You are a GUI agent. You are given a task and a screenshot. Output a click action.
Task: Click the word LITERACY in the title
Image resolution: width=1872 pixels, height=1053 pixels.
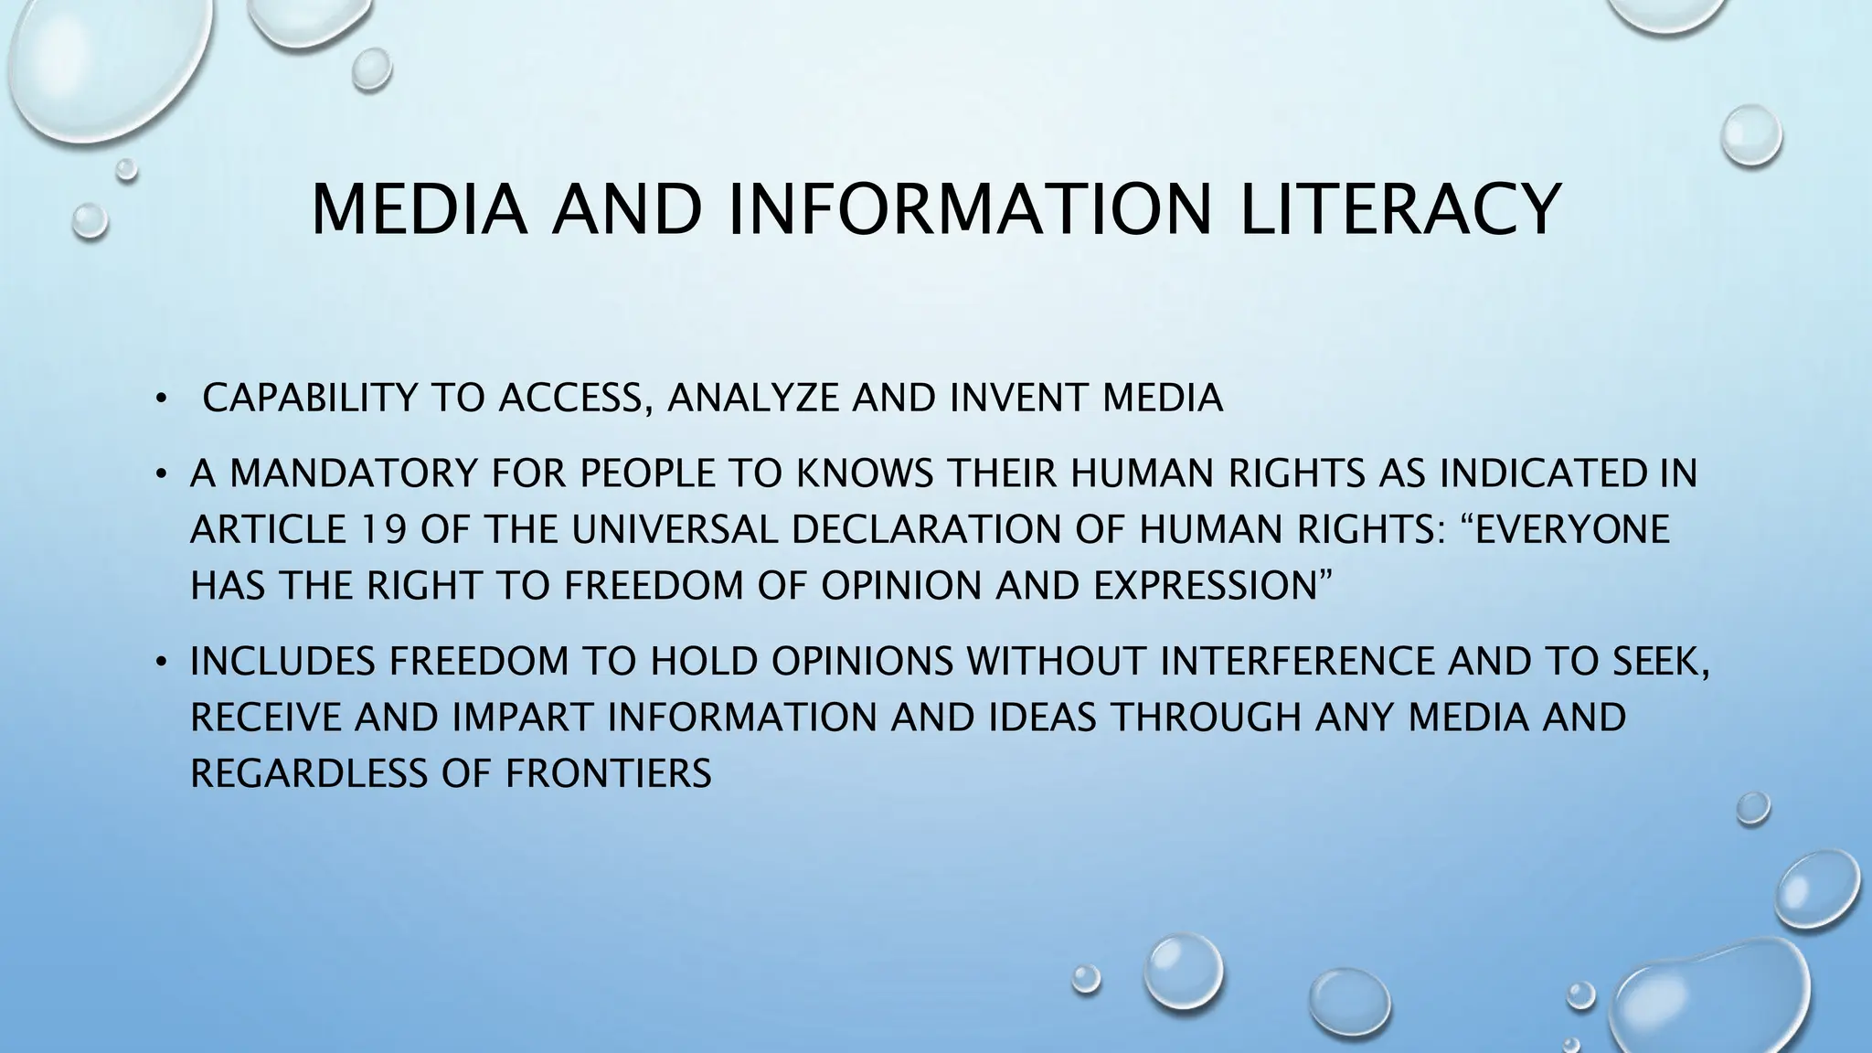(x=1398, y=210)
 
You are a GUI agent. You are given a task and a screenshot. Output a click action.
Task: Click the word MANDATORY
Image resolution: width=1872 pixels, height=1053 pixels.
(x=352, y=473)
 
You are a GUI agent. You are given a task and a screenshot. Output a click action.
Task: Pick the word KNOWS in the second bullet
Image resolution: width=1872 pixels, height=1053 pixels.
(x=865, y=473)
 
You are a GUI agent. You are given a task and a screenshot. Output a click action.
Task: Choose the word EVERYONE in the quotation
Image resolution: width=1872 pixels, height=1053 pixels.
(x=1572, y=530)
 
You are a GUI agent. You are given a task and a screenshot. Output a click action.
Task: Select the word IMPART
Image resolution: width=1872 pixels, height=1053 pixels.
(x=522, y=718)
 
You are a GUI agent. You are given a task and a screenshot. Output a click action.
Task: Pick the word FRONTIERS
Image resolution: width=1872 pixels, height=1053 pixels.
(x=609, y=774)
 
